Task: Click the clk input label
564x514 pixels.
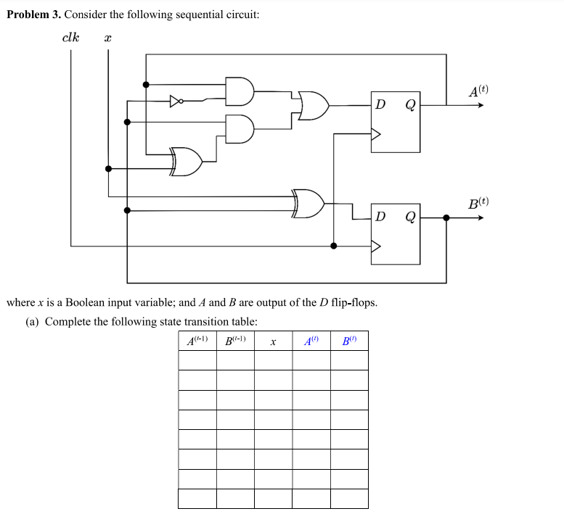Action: [71, 37]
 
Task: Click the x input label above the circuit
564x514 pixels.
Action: [107, 38]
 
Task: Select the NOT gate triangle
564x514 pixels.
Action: [175, 101]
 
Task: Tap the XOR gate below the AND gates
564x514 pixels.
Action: [187, 162]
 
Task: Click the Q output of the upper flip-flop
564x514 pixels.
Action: [409, 105]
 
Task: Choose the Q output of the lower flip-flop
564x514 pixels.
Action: [409, 217]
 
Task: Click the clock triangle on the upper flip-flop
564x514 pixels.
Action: [376, 133]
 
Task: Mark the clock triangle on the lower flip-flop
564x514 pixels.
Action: [376, 246]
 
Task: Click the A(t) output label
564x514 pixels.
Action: [478, 91]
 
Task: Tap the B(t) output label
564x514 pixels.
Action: [478, 203]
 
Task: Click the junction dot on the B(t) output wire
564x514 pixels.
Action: [446, 217]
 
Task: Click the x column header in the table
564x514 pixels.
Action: [273, 341]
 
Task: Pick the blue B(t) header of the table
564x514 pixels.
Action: [349, 341]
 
